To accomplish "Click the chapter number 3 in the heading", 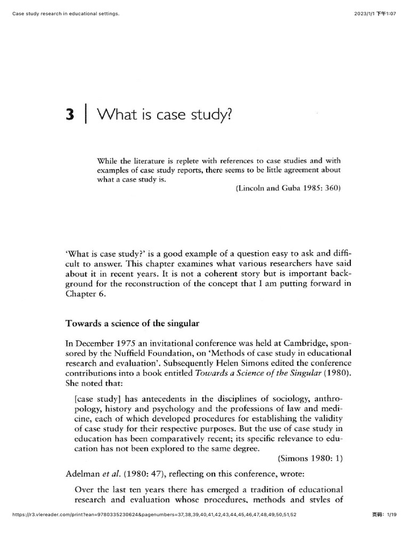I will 69,115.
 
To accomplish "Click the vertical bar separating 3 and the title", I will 85,115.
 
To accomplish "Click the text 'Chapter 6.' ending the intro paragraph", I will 86,296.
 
